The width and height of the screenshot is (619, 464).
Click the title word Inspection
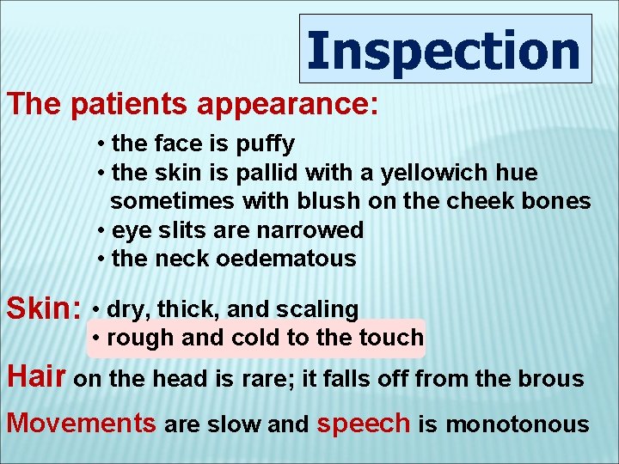tap(444, 50)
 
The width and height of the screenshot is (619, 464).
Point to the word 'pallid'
tap(263, 173)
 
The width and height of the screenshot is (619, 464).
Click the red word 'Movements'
tap(82, 423)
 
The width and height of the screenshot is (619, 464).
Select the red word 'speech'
tap(365, 423)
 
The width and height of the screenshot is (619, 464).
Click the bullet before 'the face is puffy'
tap(101, 144)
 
